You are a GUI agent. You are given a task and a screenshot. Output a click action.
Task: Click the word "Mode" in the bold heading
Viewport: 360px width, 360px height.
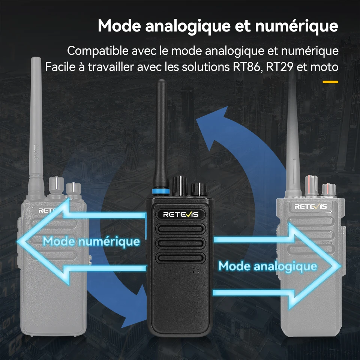pos(118,26)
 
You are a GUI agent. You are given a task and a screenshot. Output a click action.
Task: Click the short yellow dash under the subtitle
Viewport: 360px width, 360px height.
pos(330,82)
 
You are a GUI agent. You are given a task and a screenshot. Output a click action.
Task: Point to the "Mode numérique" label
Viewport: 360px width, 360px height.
pos(91,241)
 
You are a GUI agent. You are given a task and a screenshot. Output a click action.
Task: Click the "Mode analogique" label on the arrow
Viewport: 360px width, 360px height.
pos(268,266)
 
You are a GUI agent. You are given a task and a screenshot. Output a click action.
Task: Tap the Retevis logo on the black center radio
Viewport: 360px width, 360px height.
pos(178,214)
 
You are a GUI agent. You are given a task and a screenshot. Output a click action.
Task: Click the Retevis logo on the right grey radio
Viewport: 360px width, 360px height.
pos(310,207)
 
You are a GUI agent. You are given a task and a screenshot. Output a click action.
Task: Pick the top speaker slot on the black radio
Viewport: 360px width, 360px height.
pos(178,229)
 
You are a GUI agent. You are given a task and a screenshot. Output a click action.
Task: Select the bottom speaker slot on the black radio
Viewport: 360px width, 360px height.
pos(178,257)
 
